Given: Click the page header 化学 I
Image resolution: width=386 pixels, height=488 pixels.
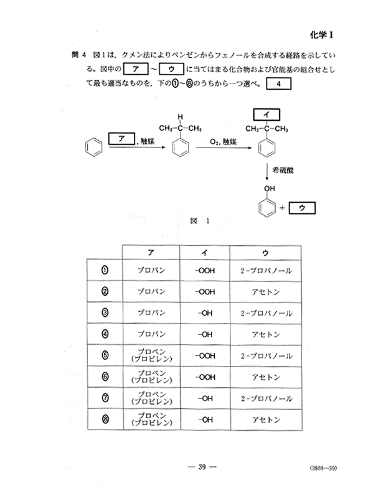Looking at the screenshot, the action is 321,35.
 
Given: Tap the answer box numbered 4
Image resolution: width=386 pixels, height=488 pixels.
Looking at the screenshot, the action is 278,83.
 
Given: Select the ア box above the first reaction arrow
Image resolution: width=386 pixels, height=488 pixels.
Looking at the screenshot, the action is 122,139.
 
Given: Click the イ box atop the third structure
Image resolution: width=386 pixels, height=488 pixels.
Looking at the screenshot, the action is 266,115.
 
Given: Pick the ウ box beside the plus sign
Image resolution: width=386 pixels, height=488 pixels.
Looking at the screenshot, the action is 302,208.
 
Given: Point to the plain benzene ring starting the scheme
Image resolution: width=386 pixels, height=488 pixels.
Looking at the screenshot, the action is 93,147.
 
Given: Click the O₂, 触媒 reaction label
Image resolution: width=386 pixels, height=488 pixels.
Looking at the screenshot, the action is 223,142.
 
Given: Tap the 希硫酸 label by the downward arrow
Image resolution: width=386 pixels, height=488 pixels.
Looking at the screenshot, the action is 283,171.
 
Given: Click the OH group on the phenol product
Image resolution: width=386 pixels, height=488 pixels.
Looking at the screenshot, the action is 270,188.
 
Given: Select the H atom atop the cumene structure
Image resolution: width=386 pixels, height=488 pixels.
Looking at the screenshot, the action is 181,117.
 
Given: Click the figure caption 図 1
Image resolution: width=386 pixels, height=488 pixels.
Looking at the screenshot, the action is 199,221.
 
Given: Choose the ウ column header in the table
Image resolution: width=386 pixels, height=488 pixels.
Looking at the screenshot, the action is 265,253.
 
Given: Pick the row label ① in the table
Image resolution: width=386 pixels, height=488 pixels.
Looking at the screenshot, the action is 105,270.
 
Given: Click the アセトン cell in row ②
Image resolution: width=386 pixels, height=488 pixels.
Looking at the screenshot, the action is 265,292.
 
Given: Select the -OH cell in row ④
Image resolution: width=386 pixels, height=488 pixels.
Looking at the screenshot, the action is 205,334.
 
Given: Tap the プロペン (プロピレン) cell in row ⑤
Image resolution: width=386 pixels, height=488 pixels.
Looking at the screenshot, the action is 152,355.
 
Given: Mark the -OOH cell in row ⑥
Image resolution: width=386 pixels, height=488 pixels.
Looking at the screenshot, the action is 205,377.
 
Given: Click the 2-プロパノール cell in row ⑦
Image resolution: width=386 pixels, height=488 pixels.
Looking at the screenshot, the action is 266,398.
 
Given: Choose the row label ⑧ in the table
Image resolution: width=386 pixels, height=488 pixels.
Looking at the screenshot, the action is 105,420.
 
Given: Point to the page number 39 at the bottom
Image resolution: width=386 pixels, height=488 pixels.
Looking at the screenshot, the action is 202,467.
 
